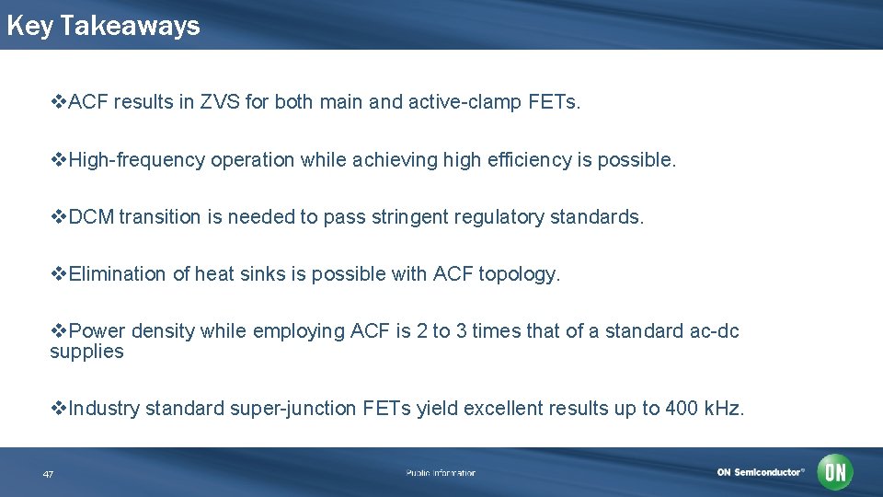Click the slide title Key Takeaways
coord(103,26)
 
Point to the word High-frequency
coord(137,159)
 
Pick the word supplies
coord(86,352)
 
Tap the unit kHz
coord(723,409)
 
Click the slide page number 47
coord(48,474)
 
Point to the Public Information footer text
coord(441,473)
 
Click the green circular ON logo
coord(835,472)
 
